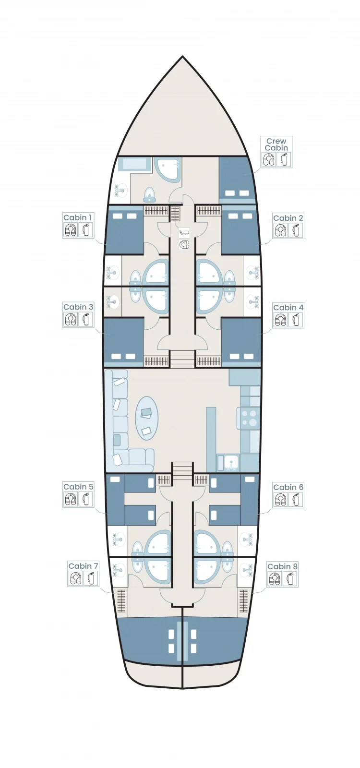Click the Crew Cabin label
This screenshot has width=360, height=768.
click(x=276, y=144)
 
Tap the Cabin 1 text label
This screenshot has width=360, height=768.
click(x=77, y=217)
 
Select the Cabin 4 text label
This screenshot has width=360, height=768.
click(x=288, y=307)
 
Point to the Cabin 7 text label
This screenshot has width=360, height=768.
click(x=84, y=566)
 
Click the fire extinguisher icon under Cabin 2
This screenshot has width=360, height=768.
click(x=296, y=230)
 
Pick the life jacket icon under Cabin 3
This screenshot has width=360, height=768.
click(x=70, y=319)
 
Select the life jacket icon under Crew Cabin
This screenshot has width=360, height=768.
click(x=269, y=159)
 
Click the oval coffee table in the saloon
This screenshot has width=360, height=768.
click(x=147, y=418)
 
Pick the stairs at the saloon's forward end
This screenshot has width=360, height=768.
click(x=182, y=359)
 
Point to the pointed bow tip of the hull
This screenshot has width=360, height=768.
click(x=182, y=56)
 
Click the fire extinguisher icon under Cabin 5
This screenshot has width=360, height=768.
click(x=86, y=499)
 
